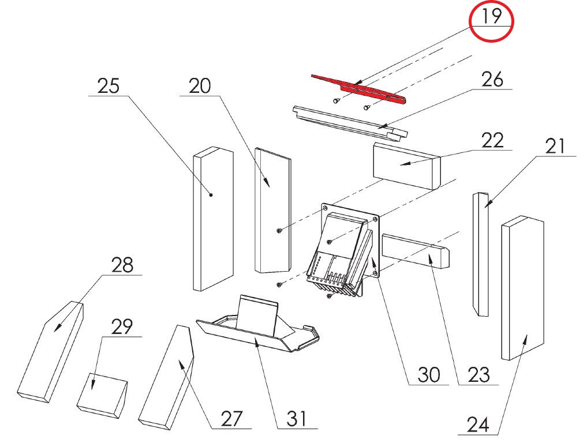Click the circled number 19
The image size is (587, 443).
[x=492, y=17]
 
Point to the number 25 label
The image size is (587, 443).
[x=108, y=87]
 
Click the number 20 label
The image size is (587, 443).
[x=199, y=87]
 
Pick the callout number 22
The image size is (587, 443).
[x=492, y=140]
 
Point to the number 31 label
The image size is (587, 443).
[x=296, y=418]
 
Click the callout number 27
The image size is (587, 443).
[x=230, y=418]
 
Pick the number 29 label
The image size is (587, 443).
[x=121, y=326]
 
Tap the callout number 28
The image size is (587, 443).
[x=121, y=265]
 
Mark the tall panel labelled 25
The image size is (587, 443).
[x=212, y=219]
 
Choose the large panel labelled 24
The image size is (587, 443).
[x=523, y=288]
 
